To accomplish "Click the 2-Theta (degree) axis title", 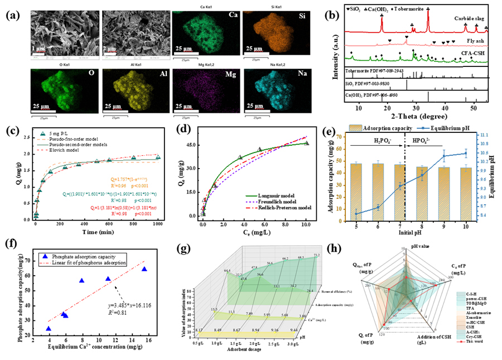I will point(423,116).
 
